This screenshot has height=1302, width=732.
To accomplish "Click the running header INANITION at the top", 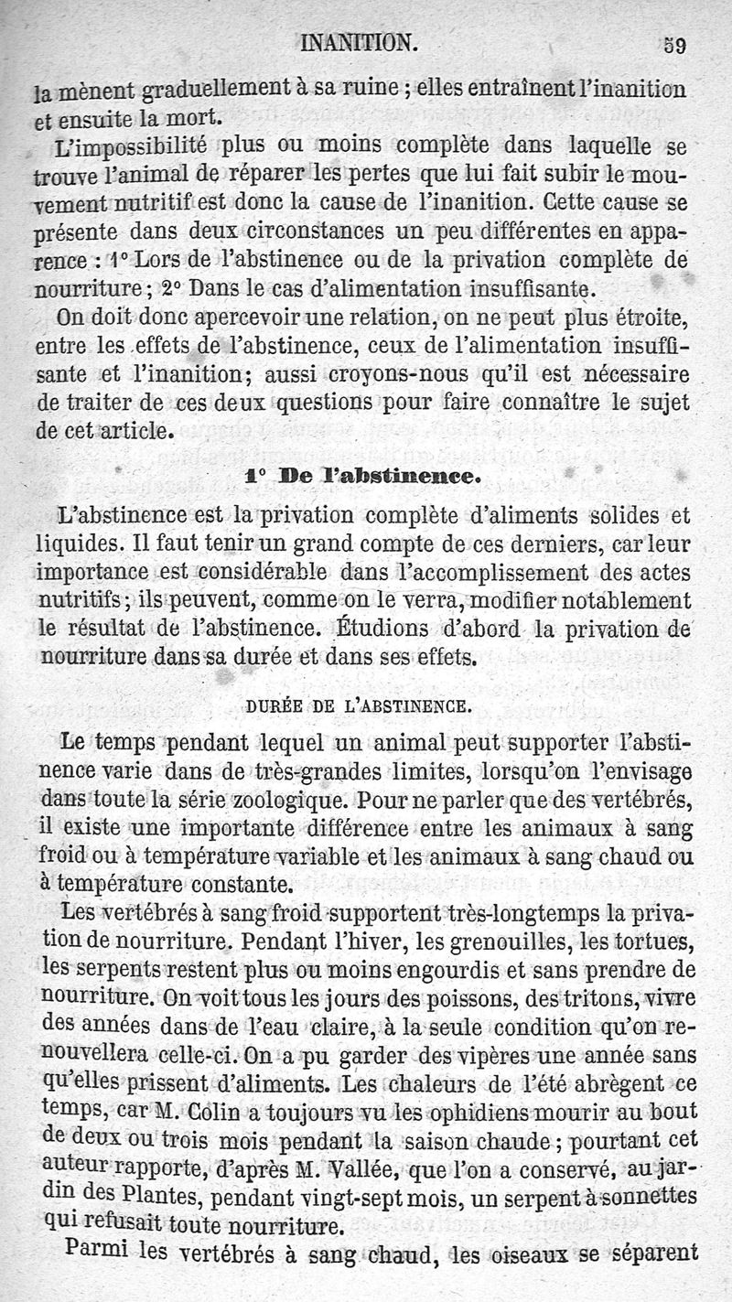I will (x=358, y=43).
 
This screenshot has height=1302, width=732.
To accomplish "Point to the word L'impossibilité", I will (x=131, y=146).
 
